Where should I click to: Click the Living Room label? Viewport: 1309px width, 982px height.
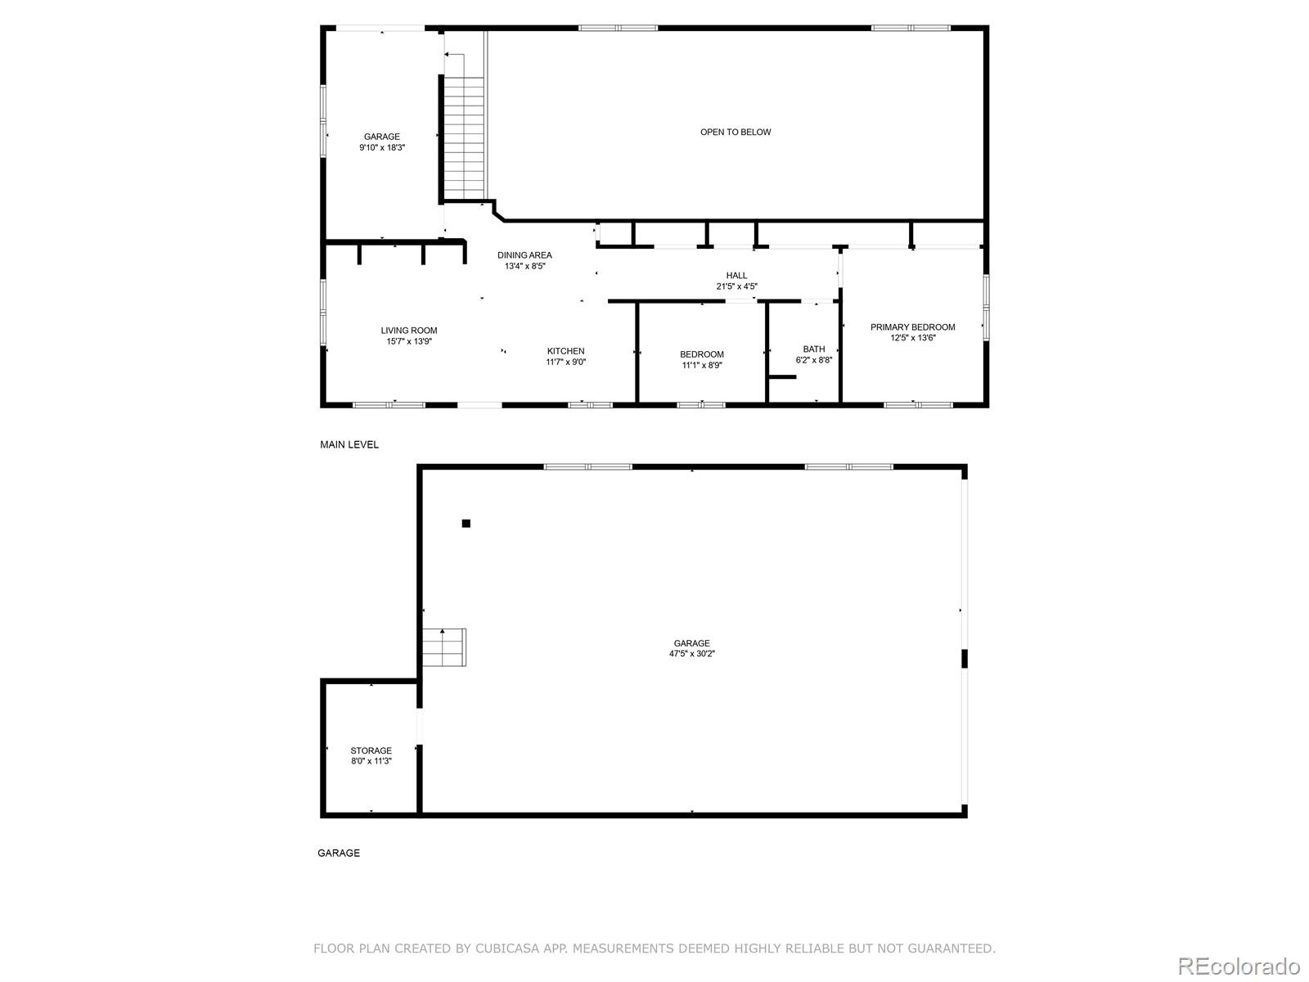click(x=409, y=331)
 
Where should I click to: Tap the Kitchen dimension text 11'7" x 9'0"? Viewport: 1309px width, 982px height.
click(x=566, y=362)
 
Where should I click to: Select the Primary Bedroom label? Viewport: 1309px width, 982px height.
click(x=912, y=327)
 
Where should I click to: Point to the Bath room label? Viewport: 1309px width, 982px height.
click(x=814, y=349)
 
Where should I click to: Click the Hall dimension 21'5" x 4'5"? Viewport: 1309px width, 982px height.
click(x=736, y=286)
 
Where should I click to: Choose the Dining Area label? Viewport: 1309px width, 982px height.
click(x=524, y=255)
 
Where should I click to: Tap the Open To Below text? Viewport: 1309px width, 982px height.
click(x=735, y=132)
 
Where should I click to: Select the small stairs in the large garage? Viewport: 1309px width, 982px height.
click(x=444, y=646)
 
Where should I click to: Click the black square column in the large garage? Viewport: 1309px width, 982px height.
click(x=466, y=524)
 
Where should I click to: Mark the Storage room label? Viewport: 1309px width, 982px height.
click(x=371, y=750)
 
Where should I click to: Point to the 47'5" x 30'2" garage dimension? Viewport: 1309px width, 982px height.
click(x=692, y=654)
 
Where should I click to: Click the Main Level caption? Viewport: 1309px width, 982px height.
click(x=349, y=444)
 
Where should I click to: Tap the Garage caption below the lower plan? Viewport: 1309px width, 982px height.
click(x=339, y=853)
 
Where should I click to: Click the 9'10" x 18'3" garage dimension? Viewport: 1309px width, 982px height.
click(x=382, y=148)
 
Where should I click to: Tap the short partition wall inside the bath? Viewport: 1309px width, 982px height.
click(x=782, y=377)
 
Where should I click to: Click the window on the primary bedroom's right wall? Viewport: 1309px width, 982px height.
click(x=987, y=307)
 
